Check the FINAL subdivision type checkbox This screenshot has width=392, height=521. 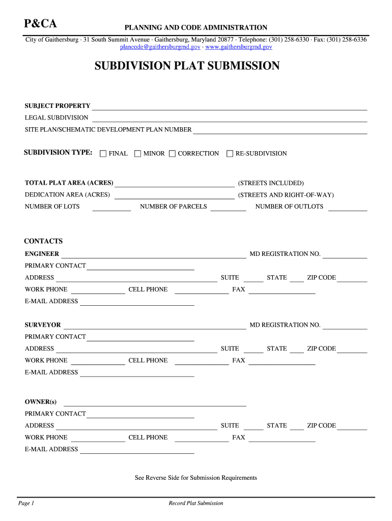pyautogui.click(x=103, y=154)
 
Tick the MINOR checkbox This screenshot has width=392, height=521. pyautogui.click(x=137, y=154)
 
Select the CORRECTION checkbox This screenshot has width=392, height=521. pyautogui.click(x=172, y=154)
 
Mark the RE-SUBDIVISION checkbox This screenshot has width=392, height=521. pyautogui.click(x=230, y=154)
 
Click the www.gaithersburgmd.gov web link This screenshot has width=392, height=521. pyautogui.click(x=238, y=47)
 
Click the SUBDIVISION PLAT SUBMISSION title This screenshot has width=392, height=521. pyautogui.click(x=187, y=66)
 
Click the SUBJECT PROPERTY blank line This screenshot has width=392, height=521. pyautogui.click(x=229, y=107)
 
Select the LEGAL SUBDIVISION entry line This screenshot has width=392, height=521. pyautogui.click(x=229, y=119)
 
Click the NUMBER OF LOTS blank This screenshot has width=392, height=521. pyautogui.click(x=111, y=208)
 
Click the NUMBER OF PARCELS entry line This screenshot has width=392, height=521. pyautogui.click(x=228, y=208)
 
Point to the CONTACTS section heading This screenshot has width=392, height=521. pyautogui.click(x=43, y=241)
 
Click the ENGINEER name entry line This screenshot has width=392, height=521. pyautogui.click(x=154, y=254)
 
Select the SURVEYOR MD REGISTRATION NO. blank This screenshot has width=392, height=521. pyautogui.click(x=345, y=326)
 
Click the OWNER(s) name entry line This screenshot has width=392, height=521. pyautogui.click(x=155, y=403)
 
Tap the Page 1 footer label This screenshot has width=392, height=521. pyautogui.click(x=26, y=503)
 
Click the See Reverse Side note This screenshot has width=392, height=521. pyautogui.click(x=195, y=478)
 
